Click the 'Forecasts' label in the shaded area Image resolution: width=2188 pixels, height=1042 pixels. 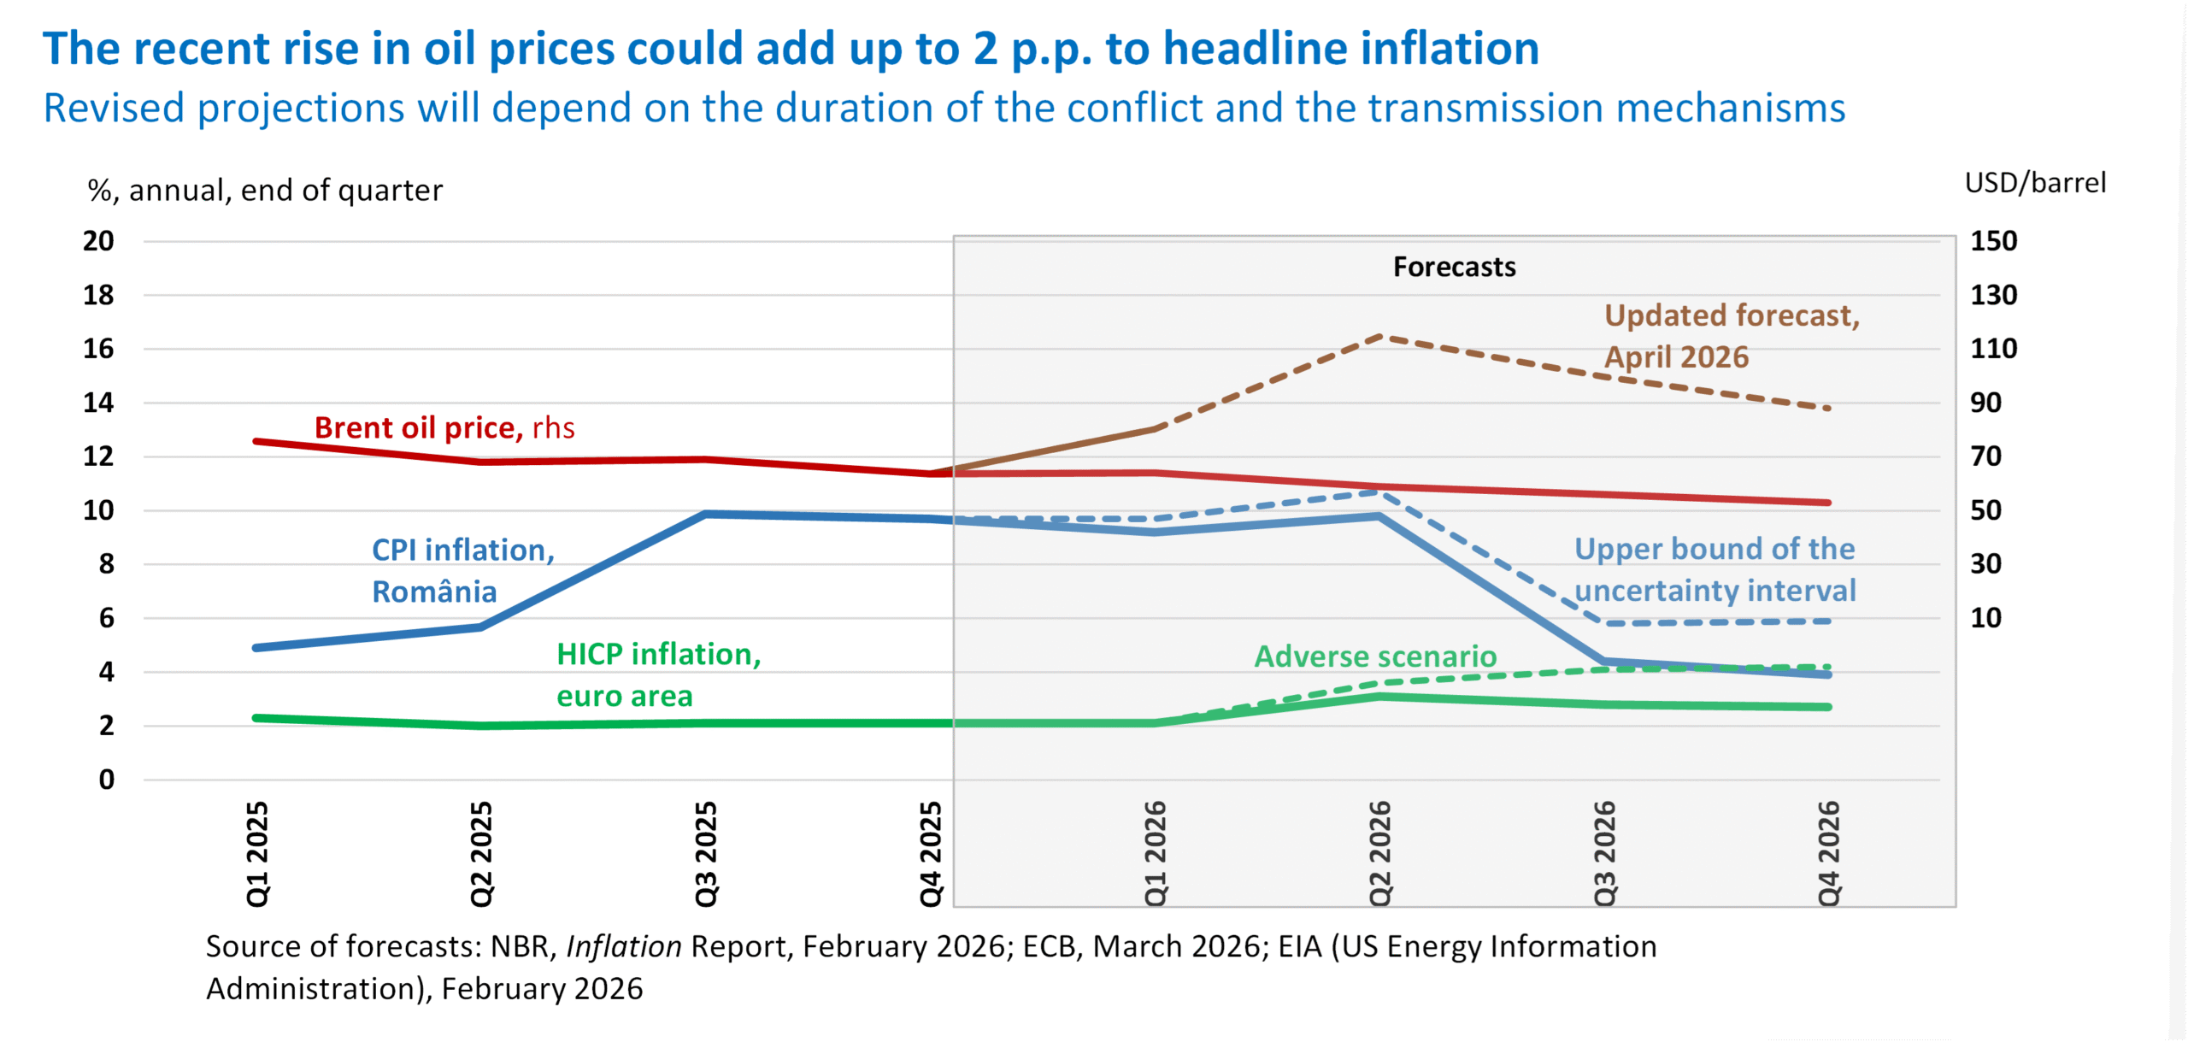1454,267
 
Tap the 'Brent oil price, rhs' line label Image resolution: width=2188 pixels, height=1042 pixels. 444,427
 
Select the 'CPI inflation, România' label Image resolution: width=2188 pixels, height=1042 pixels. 463,570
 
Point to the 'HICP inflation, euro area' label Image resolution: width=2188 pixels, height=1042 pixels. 658,674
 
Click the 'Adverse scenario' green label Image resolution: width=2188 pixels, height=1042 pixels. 1375,656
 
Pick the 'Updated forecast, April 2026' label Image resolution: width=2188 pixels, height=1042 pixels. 1732,336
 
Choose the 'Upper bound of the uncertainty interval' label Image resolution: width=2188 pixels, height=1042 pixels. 1715,569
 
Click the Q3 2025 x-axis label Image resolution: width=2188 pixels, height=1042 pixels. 706,853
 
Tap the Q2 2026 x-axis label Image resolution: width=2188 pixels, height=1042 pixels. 1379,853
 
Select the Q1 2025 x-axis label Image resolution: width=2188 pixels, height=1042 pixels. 257,853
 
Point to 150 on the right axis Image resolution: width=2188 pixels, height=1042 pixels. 1993,240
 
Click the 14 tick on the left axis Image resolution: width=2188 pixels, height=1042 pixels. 98,402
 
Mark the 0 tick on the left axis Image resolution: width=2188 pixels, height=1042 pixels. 106,779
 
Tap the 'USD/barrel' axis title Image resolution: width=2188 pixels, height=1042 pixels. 2035,183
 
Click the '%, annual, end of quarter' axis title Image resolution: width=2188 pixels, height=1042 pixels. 265,190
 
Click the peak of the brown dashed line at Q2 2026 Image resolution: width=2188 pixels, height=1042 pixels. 1380,337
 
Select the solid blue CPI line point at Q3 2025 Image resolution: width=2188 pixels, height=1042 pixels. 706,514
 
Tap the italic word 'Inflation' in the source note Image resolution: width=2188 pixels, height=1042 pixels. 624,946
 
